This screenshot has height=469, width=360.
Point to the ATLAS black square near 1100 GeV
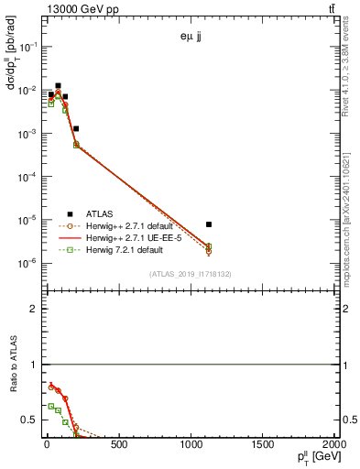(209, 224)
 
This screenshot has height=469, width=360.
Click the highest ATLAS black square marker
(59, 85)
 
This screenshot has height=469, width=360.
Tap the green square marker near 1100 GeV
(209, 245)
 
